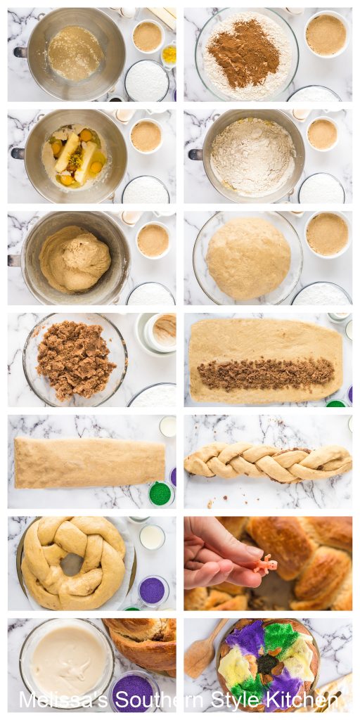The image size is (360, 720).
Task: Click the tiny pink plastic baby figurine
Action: [x=265, y=565]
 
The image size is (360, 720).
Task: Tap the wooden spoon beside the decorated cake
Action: [x=200, y=651]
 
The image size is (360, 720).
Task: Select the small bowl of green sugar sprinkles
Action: [x=160, y=493]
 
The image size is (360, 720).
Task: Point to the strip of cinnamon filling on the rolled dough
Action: [x=265, y=373]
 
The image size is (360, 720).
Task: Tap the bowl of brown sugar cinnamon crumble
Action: [x=75, y=359]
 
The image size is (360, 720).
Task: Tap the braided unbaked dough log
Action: [x=267, y=462]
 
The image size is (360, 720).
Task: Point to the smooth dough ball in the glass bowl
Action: [x=247, y=258]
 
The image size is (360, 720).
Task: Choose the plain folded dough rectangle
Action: [x=89, y=462]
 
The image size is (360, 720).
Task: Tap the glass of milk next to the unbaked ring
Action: [x=151, y=537]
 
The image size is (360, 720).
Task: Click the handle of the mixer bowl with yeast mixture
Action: [x=20, y=51]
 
